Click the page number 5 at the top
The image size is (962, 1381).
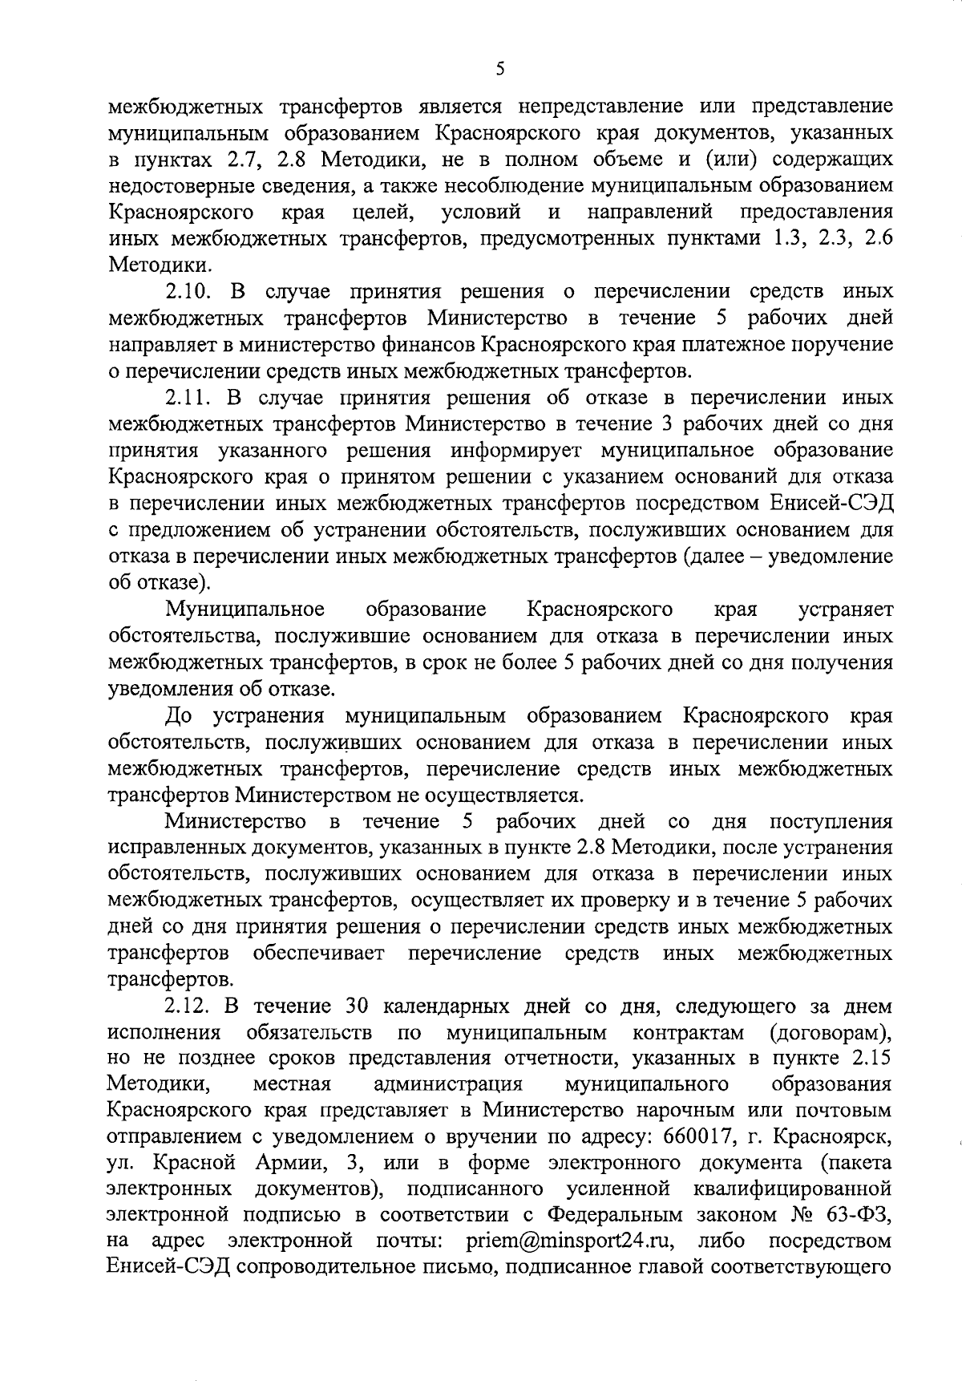pos(499,70)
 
